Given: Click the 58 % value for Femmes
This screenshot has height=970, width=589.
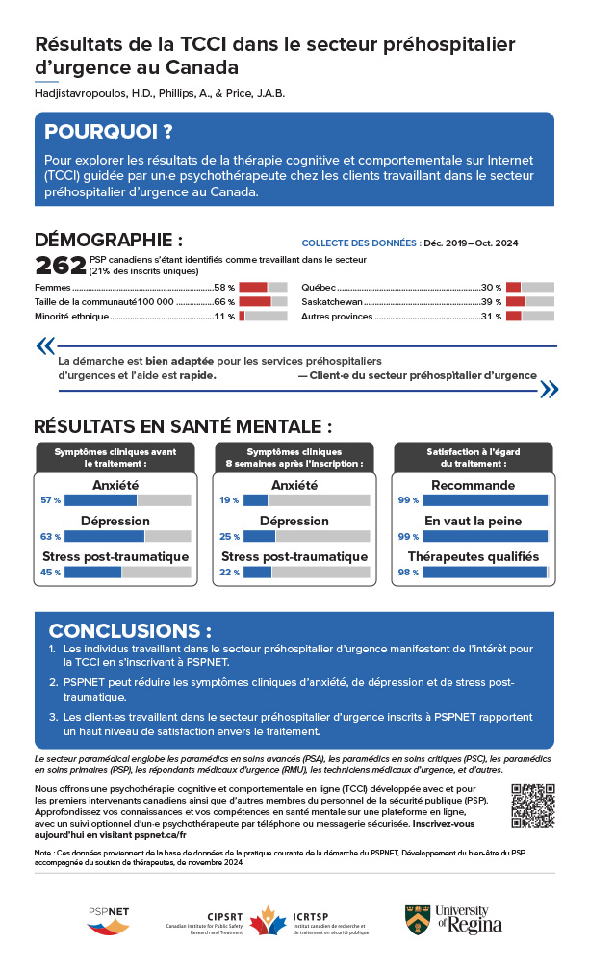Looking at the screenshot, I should pos(224,288).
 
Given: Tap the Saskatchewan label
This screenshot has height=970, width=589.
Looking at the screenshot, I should pos(331,302).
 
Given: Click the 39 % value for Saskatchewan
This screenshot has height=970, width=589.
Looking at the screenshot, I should pos(492,302).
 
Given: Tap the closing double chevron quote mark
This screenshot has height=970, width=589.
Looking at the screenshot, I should pos(549,389).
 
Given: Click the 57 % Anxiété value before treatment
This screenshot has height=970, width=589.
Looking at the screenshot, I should pos(51,500).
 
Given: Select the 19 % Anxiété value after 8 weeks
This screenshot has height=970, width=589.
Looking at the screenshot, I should pos(229,500).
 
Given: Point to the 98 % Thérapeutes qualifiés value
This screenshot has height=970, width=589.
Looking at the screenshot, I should pos(408,573).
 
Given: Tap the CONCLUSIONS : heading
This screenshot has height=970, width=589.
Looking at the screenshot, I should pos(130,631).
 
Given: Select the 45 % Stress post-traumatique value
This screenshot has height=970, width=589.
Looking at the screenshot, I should pos(51,573).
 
